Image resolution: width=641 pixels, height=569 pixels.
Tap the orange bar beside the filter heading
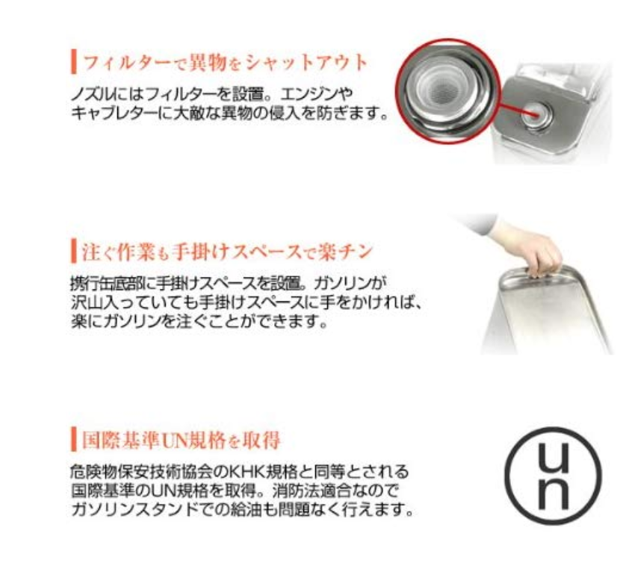[74, 62]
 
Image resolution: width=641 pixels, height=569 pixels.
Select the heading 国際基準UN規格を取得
[182, 440]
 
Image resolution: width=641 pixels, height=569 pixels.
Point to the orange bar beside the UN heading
[74, 439]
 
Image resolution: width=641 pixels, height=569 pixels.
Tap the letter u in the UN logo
[553, 457]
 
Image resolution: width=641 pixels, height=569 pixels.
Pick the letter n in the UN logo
[553, 494]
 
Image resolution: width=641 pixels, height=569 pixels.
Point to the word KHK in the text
[244, 472]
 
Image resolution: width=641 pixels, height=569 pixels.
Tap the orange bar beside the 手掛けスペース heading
[74, 251]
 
